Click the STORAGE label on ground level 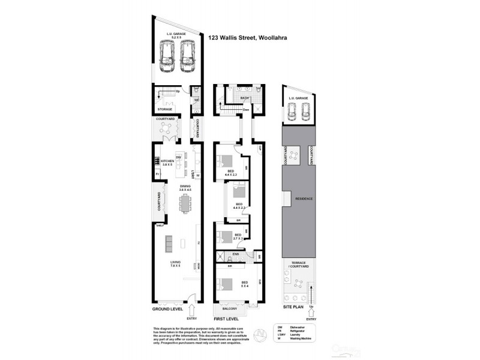tap(164, 109)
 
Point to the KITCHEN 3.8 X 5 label tap(167, 163)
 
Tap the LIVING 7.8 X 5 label tap(175, 265)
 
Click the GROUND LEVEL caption tap(169, 310)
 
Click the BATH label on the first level tap(244, 98)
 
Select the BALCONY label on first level tap(236, 310)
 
